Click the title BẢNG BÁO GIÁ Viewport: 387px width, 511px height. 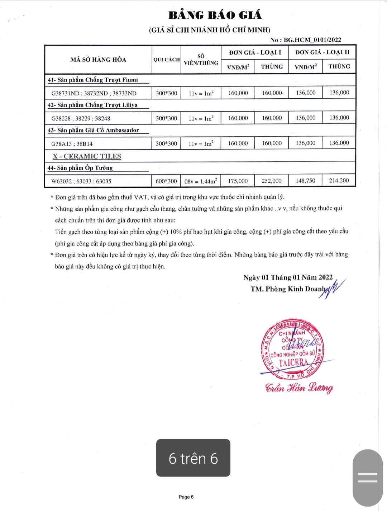(x=215, y=15)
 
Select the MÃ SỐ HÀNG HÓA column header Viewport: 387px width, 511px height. (x=98, y=60)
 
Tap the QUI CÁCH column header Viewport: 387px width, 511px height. (x=166, y=60)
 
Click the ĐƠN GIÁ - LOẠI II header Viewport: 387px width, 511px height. (x=322, y=52)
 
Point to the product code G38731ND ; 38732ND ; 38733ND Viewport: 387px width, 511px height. (x=94, y=93)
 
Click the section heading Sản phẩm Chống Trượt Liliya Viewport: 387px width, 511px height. (x=97, y=105)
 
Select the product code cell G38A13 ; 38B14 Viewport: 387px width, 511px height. (x=72, y=144)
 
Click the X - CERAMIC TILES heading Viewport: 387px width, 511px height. (x=87, y=156)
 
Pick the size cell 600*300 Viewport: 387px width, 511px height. (x=166, y=181)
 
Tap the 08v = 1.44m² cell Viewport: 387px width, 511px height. (x=201, y=181)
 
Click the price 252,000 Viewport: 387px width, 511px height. (x=272, y=181)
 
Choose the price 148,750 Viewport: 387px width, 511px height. (x=305, y=181)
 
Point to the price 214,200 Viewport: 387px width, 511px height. (x=339, y=181)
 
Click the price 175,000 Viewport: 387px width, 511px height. (x=238, y=181)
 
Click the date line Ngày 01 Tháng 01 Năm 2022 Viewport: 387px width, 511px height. (x=288, y=277)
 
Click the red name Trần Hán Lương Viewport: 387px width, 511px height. (x=299, y=388)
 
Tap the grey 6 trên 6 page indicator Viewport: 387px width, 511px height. (x=193, y=458)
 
